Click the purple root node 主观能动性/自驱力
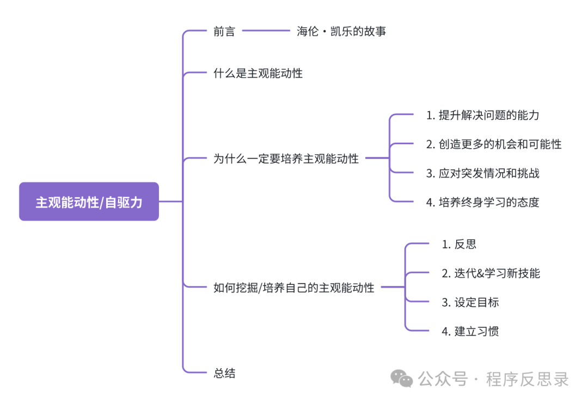pos(89,201)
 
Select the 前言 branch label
pos(224,31)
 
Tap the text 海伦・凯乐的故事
pos(341,31)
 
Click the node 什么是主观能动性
pos(258,73)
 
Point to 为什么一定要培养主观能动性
pos(286,158)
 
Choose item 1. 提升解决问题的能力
pos(482,115)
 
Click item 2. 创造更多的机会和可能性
pos(493,144)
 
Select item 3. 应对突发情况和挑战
pos(482,173)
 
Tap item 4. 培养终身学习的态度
pos(482,202)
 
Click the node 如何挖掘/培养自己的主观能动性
pos(294,288)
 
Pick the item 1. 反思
pos(459,244)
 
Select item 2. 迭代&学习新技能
pos(491,273)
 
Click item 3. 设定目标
pos(470,302)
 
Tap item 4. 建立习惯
pos(470,331)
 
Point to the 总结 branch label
pos(224,373)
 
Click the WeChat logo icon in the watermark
pos(403,378)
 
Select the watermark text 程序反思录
pos(527,378)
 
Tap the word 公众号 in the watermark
pos(443,378)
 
